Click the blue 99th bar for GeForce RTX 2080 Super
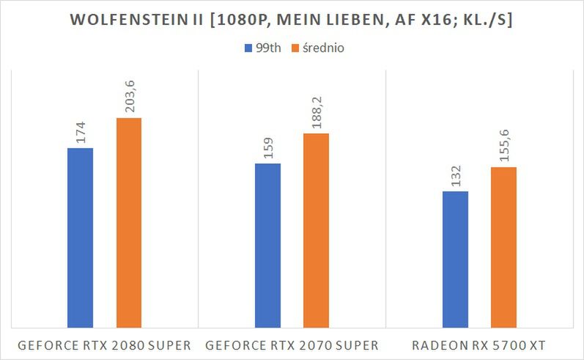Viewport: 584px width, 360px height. [x=80, y=238]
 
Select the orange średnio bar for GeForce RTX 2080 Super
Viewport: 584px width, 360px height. [x=129, y=223]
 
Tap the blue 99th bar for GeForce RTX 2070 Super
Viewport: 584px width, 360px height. [x=267, y=246]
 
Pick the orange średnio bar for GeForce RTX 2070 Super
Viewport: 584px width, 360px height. [x=317, y=231]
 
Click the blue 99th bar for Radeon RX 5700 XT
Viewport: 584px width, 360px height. [x=456, y=260]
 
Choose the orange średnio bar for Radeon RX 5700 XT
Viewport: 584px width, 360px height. [x=503, y=247]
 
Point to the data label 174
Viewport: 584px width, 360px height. [x=81, y=132]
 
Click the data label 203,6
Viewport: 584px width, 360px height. [x=129, y=96]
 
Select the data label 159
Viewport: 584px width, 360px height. [x=268, y=148]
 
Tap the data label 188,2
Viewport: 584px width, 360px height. [x=317, y=112]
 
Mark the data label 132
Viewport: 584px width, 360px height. [x=456, y=176]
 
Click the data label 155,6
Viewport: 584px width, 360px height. [x=504, y=145]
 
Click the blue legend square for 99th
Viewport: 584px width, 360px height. [x=248, y=48]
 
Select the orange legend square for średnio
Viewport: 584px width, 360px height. [x=295, y=48]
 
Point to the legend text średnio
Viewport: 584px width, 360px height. [x=323, y=48]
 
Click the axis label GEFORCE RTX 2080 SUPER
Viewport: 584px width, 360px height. [x=104, y=345]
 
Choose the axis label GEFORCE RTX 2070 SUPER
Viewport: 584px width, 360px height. [x=292, y=345]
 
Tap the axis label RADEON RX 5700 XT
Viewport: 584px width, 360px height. [x=478, y=345]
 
